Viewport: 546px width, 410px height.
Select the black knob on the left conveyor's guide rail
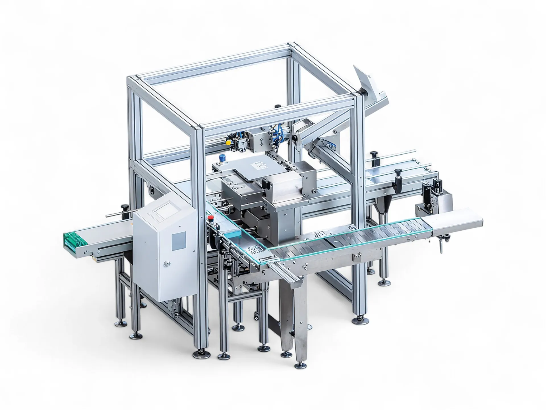click(x=124, y=207)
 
